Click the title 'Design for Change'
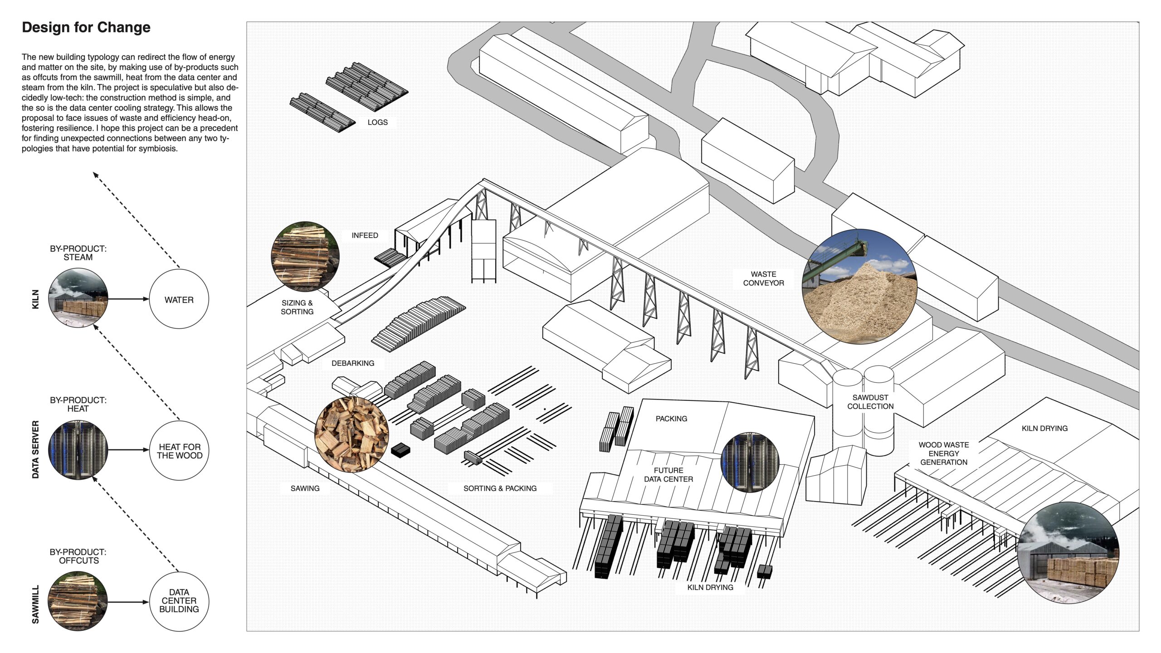[86, 28]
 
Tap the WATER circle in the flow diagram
[179, 299]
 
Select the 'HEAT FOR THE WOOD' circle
[179, 451]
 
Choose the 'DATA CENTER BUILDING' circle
[179, 601]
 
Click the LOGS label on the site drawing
[377, 122]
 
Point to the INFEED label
[365, 235]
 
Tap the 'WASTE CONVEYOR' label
[763, 278]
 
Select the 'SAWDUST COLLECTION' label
[870, 402]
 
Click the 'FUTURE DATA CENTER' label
[668, 475]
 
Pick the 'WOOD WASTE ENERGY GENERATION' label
[943, 453]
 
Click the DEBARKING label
[353, 363]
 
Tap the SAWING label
[305, 488]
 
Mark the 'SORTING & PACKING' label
[500, 488]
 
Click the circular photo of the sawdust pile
[859, 287]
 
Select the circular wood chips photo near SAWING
[351, 434]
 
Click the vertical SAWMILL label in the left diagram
[35, 604]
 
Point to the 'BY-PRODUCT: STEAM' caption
[78, 253]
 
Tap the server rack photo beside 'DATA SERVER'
[78, 450]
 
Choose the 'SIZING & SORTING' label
[297, 307]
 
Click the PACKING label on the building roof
[671, 419]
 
